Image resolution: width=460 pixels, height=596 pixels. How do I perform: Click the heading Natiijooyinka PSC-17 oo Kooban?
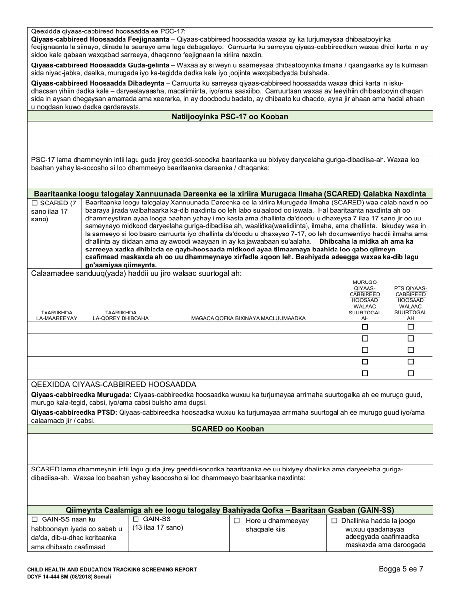click(230, 116)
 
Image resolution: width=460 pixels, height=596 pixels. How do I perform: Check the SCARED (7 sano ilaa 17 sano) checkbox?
click(34, 203)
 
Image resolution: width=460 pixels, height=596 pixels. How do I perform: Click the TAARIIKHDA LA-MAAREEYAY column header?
click(57, 315)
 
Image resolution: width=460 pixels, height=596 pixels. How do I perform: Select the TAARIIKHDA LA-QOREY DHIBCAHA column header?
click(121, 315)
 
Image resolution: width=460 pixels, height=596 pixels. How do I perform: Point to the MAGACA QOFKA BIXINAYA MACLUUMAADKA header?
click(248, 318)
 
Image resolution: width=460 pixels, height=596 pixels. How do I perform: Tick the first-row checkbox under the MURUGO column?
click(365, 327)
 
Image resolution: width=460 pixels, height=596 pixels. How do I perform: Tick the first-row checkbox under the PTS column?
click(410, 327)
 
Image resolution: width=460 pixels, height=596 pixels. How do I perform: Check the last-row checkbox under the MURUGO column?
click(365, 373)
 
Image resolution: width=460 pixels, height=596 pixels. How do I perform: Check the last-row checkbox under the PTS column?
click(410, 373)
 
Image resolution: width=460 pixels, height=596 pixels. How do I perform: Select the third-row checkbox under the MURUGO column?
click(365, 350)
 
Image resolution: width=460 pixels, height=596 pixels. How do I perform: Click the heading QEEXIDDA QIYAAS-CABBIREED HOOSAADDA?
click(113, 384)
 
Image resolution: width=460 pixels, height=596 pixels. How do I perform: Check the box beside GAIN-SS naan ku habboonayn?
click(34, 519)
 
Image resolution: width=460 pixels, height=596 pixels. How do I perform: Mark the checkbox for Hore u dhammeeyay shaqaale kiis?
click(237, 521)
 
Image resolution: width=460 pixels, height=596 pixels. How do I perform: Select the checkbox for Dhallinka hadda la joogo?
click(334, 521)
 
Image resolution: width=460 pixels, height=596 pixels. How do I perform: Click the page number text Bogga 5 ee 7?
click(401, 569)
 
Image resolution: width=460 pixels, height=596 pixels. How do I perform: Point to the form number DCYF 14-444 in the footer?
click(48, 577)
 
